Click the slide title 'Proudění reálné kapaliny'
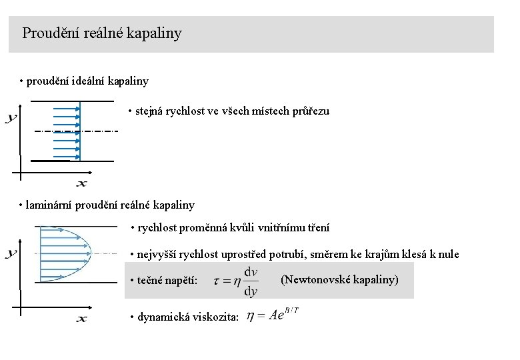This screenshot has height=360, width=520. pyautogui.click(x=101, y=33)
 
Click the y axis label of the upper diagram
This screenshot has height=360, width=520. pyautogui.click(x=11, y=119)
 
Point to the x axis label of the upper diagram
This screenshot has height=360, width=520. pyautogui.click(x=81, y=183)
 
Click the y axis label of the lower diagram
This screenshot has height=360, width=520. pyautogui.click(x=11, y=253)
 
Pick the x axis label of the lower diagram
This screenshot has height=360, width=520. pyautogui.click(x=81, y=319)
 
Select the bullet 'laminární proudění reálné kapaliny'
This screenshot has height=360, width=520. pyautogui.click(x=109, y=205)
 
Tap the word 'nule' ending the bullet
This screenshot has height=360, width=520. pyautogui.click(x=449, y=255)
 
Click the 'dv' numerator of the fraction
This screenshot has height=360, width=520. pyautogui.click(x=251, y=271)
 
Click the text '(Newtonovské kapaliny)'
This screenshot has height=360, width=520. pyautogui.click(x=339, y=279)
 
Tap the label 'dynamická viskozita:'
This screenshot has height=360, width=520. pyautogui.click(x=187, y=317)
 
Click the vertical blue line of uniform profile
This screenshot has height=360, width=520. pyautogui.click(x=80, y=131)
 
